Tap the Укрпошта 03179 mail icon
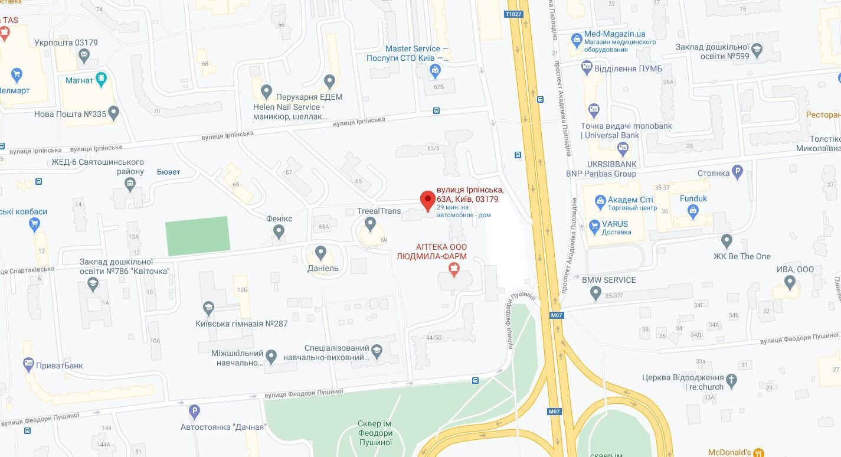click(x=84, y=56)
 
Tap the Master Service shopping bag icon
click(x=436, y=71)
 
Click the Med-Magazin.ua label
click(x=614, y=34)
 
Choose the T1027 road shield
click(x=513, y=14)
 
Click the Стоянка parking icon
click(x=737, y=172)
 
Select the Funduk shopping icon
click(x=693, y=211)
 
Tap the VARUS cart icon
click(x=595, y=225)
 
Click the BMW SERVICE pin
click(x=595, y=292)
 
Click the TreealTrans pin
click(x=370, y=224)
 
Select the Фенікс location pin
click(x=279, y=231)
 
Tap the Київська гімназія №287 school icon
click(x=208, y=308)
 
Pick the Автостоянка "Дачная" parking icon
click(x=194, y=412)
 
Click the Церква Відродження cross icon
click(x=732, y=381)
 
